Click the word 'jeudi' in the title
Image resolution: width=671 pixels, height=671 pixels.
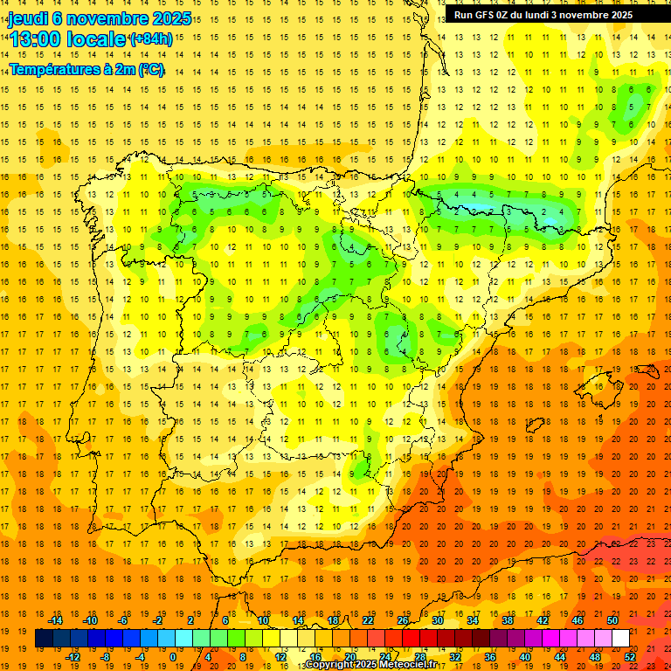28,18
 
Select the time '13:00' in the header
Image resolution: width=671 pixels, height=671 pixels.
36,39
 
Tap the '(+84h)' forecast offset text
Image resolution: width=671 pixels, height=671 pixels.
150,39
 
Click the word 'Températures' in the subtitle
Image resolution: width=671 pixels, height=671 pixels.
50,69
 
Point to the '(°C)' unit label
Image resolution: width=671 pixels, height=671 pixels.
150,69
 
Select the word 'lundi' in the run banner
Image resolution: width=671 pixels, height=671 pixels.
544,15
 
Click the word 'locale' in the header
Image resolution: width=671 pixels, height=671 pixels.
96,39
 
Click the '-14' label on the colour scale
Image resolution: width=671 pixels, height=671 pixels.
56,620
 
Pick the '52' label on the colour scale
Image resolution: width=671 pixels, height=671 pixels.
630,656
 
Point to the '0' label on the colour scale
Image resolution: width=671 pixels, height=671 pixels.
172,656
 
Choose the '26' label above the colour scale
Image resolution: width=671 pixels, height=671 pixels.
403,620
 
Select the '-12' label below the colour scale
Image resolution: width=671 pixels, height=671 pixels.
73,656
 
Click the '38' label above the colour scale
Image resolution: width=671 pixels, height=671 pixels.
508,620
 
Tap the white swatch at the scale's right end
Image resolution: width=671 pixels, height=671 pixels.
620,638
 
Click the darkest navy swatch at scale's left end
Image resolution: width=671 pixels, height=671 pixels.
44,638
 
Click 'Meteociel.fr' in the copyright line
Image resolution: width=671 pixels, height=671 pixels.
406,665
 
